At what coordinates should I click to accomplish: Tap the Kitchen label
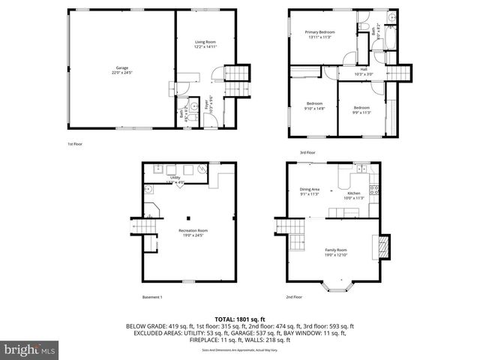355,195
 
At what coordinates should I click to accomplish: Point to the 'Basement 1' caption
151,298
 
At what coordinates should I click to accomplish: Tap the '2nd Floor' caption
294,298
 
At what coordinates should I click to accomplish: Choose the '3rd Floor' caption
307,152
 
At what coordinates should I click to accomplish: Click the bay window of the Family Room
335,285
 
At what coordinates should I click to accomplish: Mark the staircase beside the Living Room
236,73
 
